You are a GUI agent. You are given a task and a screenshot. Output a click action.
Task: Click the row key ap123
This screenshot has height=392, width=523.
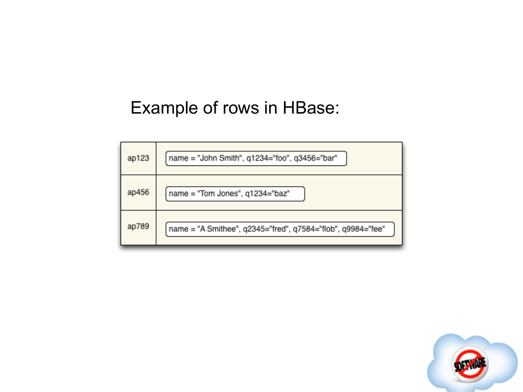(x=138, y=158)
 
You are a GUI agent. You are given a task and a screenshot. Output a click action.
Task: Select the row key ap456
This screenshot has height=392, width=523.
(x=138, y=192)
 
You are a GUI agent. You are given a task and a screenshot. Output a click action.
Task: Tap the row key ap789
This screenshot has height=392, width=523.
(x=138, y=226)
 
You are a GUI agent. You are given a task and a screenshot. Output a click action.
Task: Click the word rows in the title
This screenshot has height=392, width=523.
(x=241, y=108)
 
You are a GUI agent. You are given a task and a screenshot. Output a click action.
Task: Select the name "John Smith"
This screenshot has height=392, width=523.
(x=219, y=158)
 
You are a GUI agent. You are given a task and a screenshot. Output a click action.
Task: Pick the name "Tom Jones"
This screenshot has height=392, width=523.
(x=219, y=193)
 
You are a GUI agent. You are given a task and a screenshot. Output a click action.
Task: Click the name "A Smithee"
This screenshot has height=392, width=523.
(x=218, y=229)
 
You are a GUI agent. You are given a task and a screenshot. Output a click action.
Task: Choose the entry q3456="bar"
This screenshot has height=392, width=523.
(x=315, y=158)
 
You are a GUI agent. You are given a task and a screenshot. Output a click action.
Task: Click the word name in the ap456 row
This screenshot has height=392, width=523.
(x=178, y=193)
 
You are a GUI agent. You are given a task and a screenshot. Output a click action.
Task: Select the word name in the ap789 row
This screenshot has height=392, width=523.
(x=178, y=229)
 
